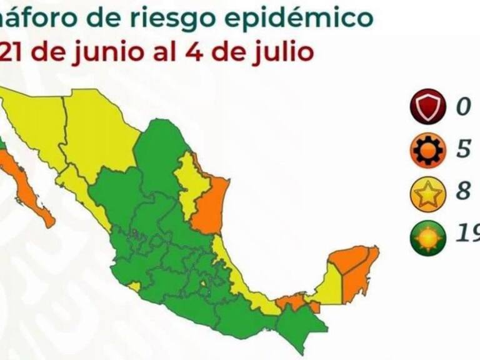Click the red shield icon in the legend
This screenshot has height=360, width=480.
point(428,106)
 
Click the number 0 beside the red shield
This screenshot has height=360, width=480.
point(462,106)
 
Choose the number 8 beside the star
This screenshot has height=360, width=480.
point(462,191)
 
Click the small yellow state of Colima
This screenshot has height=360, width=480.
point(135,286)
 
